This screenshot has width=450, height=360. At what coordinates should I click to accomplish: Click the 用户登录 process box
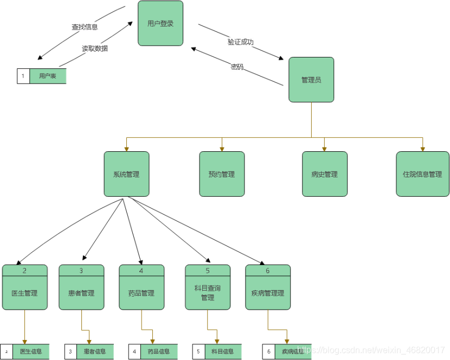[x=160, y=23]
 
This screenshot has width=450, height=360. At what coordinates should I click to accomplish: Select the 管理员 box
[x=311, y=80]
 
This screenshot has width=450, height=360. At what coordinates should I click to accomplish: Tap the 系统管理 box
[x=126, y=174]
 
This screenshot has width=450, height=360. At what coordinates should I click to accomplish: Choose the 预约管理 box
[x=222, y=174]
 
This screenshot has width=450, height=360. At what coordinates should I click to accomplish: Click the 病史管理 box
[x=325, y=174]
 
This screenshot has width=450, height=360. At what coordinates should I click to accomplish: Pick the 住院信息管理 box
[x=422, y=174]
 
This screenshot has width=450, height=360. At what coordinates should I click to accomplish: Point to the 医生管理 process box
[x=24, y=293]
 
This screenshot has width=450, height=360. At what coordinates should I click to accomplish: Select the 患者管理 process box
[x=81, y=293]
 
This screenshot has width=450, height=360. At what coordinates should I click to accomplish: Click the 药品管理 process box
[x=142, y=293]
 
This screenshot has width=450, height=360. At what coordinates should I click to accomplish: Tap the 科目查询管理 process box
[x=208, y=293]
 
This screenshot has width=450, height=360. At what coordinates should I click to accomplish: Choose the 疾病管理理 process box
[x=268, y=293]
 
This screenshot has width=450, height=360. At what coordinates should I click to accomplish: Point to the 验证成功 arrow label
[x=241, y=42]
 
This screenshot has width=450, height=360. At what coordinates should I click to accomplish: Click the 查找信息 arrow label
[x=85, y=27]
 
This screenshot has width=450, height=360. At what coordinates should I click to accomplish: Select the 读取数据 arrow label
[x=95, y=48]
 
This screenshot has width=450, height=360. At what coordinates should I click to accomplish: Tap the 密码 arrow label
[x=237, y=67]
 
